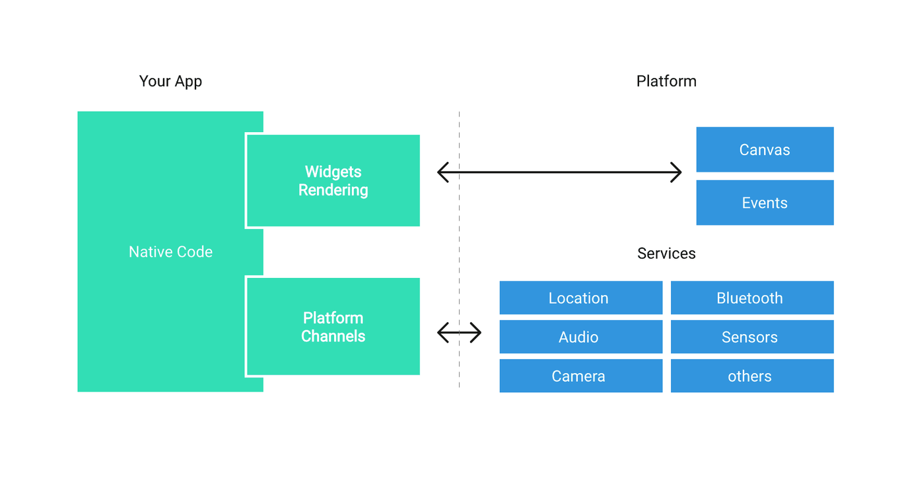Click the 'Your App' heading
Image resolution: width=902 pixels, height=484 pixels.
tap(170, 81)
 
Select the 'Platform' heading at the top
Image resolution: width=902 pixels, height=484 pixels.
tap(666, 81)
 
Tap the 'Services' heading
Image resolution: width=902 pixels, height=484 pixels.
tap(666, 254)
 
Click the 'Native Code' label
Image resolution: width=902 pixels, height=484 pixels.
tap(170, 252)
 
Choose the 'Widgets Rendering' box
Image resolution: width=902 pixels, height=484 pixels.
tap(333, 180)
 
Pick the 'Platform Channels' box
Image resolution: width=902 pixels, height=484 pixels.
tap(333, 327)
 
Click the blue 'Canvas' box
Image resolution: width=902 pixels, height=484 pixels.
tap(765, 150)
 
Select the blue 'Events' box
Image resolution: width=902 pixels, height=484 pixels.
tap(765, 203)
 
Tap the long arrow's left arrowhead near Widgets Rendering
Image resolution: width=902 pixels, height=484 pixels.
tap(442, 172)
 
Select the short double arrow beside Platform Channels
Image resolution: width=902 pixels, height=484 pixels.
tap(459, 333)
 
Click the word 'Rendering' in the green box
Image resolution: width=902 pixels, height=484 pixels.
tap(333, 190)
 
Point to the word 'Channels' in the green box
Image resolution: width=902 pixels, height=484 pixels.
tap(333, 337)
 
